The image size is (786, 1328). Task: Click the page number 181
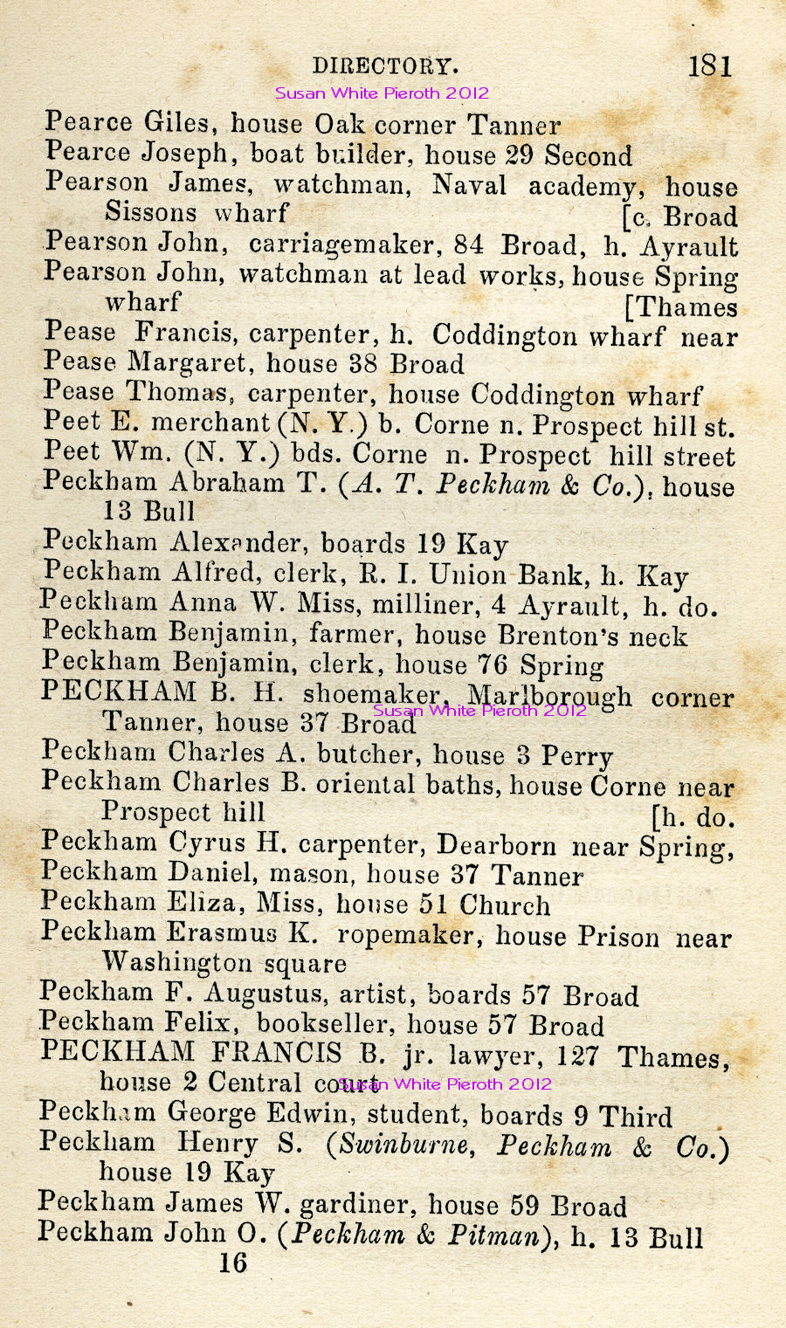tap(710, 65)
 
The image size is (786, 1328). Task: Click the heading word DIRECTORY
tap(385, 66)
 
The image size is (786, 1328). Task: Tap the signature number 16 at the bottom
tap(233, 1263)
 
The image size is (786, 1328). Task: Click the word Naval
tap(469, 185)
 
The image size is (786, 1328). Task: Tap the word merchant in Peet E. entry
tap(210, 423)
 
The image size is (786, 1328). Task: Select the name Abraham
tap(227, 483)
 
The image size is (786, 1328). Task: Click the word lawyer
tap(487, 1056)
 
